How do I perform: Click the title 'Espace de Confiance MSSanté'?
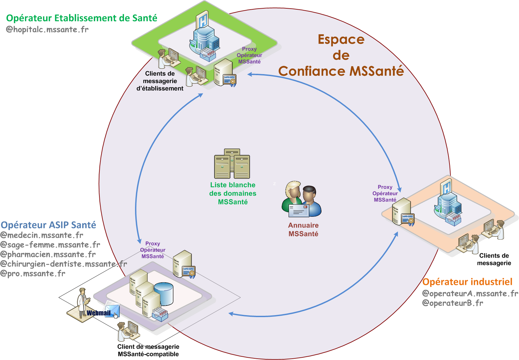341,55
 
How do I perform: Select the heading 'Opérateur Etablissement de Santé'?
81,18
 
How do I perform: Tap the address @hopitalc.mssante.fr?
47,29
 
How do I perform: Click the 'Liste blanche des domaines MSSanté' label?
233,193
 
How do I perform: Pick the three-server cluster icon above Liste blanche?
232,164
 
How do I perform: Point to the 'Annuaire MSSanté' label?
303,229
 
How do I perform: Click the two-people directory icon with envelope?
302,199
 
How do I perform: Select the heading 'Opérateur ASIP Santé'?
48,225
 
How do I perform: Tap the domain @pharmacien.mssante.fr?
48,255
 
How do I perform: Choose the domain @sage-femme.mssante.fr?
50,245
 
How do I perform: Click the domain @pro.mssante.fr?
33,274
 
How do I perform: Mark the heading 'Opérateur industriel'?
467,282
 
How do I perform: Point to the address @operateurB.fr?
452,303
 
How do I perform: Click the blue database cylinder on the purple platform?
164,294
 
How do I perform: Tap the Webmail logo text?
98,313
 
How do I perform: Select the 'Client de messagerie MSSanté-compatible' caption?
148,350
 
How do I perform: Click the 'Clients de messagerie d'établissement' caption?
160,81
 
